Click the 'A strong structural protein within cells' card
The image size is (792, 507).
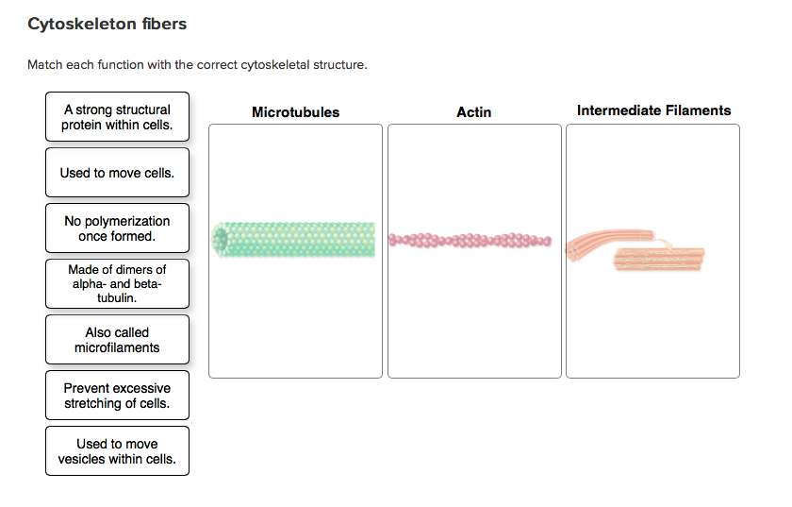(x=117, y=117)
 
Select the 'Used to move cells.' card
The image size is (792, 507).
(x=117, y=173)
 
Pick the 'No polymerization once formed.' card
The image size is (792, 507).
(x=117, y=228)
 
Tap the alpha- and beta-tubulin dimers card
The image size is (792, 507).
(x=117, y=283)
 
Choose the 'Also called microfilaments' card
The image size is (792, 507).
(x=117, y=340)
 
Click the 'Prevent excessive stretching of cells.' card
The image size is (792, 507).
(x=117, y=396)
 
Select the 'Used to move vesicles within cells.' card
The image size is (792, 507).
(x=117, y=451)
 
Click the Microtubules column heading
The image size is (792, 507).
(x=295, y=112)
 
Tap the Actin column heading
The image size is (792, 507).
(x=473, y=112)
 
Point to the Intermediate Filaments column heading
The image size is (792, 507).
(x=653, y=110)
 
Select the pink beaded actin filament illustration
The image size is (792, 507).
(x=470, y=240)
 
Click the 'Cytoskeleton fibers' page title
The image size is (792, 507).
(x=107, y=25)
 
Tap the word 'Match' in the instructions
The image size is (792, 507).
(x=44, y=65)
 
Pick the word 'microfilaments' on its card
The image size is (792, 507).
(x=117, y=347)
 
